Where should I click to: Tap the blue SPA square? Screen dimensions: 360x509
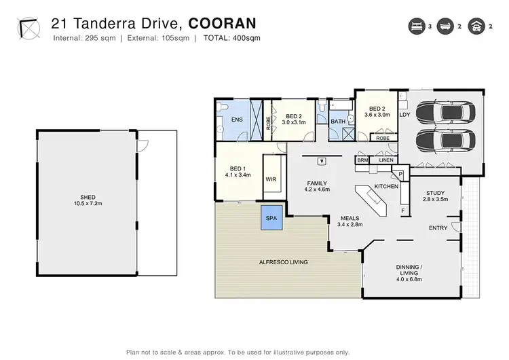[x=273, y=219]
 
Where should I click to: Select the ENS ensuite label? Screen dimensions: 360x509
[x=237, y=120]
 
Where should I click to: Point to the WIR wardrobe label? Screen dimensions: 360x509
[x=271, y=179]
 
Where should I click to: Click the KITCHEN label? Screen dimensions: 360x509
[x=385, y=186]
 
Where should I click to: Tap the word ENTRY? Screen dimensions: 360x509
[x=438, y=228]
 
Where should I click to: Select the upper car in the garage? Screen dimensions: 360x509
[x=439, y=113]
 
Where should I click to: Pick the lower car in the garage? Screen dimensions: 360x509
[x=439, y=141]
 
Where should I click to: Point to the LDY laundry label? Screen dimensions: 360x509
[x=404, y=115]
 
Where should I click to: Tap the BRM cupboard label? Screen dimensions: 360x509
[x=362, y=160]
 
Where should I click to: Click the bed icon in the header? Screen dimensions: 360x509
[x=415, y=26]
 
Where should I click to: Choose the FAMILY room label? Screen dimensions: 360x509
[x=316, y=183]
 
